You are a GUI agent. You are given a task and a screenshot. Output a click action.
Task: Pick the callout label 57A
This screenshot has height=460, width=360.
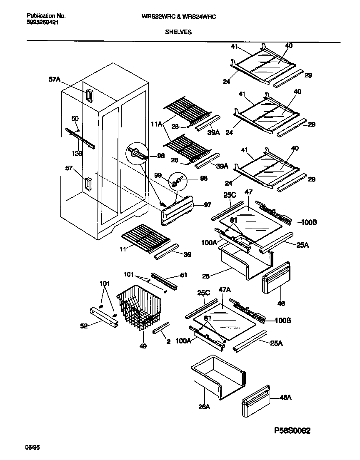tap(54, 79)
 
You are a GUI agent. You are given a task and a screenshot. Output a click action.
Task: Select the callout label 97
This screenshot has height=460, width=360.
tap(207, 205)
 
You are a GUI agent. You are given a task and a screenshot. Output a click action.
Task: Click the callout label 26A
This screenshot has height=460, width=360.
tap(204, 407)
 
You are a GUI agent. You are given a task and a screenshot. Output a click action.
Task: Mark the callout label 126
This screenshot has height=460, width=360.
tap(76, 154)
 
